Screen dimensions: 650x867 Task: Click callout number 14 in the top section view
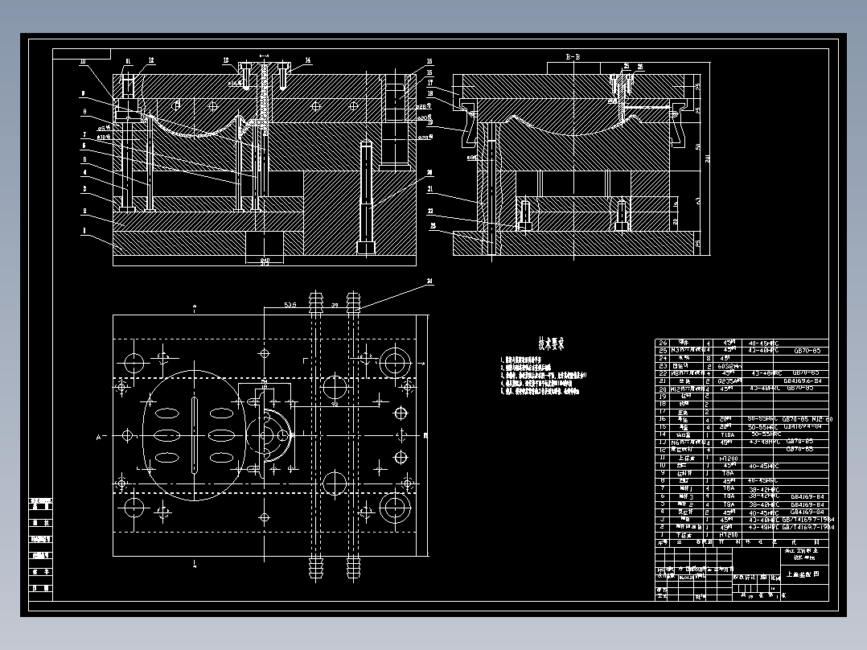tap(308, 60)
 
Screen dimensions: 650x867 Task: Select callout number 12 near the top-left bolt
tap(151, 60)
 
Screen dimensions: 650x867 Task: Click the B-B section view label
tap(573, 57)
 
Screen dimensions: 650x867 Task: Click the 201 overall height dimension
tap(707, 158)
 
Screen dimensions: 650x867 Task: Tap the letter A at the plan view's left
tap(99, 437)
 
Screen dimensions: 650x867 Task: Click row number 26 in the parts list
tap(664, 342)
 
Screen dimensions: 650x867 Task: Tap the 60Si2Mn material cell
tap(728, 364)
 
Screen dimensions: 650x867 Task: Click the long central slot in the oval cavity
tap(195, 434)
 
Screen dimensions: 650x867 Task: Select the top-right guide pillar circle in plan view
tap(394, 362)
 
